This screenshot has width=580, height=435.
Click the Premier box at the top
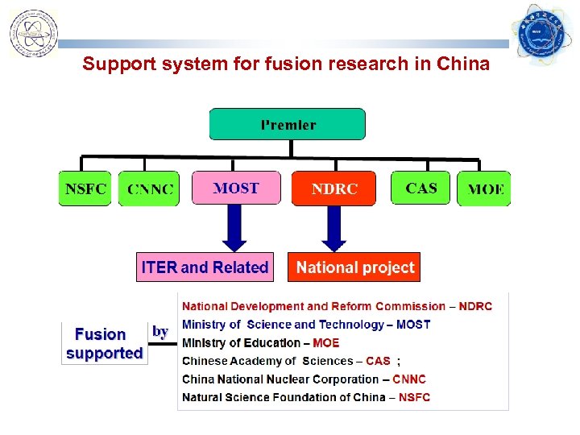pos(288,125)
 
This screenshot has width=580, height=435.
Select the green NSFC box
pos(85,188)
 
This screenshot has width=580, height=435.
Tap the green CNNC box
pos(149,189)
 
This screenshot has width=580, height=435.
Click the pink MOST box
pos(236,188)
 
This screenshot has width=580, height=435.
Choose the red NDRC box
pos(333,188)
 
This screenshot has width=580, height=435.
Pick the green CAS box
pos(420,188)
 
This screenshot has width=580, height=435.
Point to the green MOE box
pos(484,189)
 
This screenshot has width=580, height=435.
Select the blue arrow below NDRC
pos(333,227)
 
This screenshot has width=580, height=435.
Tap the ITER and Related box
pos(205,267)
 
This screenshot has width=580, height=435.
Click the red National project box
pos(355,267)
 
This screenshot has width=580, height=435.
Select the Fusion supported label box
pos(105,343)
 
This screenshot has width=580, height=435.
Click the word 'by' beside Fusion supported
pos(160,331)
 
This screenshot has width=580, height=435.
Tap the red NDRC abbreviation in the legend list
pos(475,306)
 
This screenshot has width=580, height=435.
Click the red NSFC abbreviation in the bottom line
pos(414,397)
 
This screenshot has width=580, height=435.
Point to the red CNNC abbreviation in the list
pos(409,379)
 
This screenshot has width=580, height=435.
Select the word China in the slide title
pos(464,64)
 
